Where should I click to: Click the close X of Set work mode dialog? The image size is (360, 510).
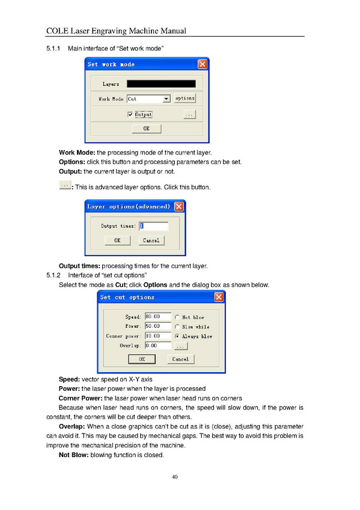pos(203,64)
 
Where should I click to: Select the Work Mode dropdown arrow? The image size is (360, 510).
pos(166,99)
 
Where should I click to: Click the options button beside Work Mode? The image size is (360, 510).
pos(185,98)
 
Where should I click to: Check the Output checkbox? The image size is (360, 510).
pos(130,114)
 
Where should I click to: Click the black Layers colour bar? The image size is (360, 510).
pos(161,84)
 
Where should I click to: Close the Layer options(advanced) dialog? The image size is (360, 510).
pos(179,206)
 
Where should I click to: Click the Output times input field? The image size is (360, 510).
pos(154,226)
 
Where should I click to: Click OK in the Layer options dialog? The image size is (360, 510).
pos(117,241)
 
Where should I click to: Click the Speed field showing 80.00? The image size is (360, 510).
pos(158,316)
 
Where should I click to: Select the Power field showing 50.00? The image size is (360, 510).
pos(158,326)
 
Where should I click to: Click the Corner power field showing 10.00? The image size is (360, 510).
pos(158,336)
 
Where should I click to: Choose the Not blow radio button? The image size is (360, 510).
pos(177,317)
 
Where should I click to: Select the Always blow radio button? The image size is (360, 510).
pos(177,336)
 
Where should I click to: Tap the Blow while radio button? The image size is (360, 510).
pos(177,327)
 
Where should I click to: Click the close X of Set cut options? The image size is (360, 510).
pos(219,297)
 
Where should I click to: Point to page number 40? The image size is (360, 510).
pos(174,477)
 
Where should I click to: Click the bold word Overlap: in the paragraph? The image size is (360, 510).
pos(72,426)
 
